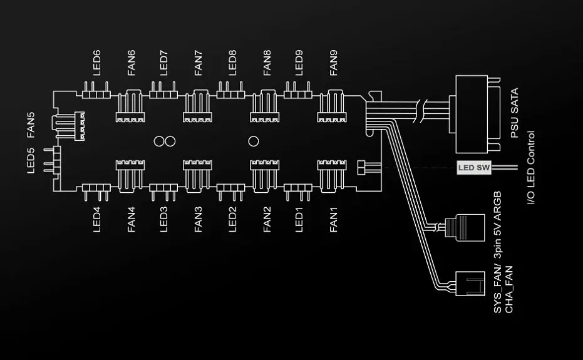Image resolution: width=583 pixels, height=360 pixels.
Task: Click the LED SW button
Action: point(473,168)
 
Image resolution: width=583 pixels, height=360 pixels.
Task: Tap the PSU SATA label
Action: point(515,113)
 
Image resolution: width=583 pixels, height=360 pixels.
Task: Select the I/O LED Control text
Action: point(531,167)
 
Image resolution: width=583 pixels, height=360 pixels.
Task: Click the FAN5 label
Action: point(31,125)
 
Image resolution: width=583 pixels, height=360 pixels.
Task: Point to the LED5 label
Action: point(31,161)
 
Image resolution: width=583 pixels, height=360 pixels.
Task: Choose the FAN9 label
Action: point(334,63)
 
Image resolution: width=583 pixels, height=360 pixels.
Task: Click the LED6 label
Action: point(96,63)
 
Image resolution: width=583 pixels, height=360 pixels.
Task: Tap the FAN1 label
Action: point(334,220)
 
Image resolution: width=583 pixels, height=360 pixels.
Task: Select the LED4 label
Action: point(96,220)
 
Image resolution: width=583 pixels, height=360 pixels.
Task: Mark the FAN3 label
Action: point(198,220)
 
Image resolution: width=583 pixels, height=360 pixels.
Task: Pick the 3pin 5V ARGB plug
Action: point(465,227)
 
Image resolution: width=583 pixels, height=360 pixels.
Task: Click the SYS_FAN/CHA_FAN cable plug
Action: point(470,284)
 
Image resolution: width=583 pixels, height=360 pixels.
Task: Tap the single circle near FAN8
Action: point(254,141)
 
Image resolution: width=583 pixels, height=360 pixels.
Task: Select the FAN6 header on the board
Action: point(130,106)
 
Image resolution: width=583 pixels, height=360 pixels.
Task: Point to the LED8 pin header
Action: point(231,90)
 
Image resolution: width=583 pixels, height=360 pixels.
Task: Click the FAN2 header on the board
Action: point(265,177)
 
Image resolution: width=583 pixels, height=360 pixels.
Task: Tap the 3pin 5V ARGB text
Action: point(497,225)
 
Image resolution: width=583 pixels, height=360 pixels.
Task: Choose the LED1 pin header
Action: point(298,192)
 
